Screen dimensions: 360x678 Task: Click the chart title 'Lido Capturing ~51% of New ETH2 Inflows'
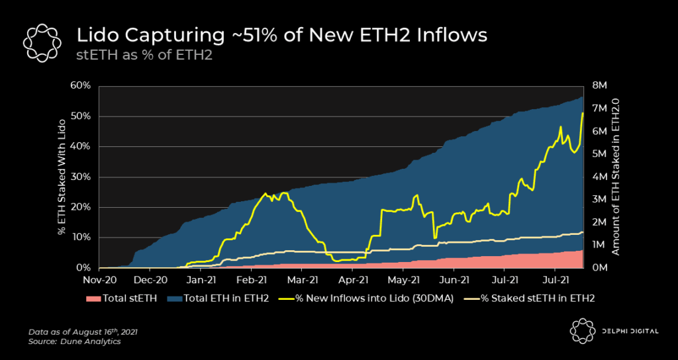pos(282,35)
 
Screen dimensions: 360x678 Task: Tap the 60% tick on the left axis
pos(81,86)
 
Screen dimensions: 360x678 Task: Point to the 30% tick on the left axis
pos(81,177)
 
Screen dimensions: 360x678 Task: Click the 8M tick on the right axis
pos(599,86)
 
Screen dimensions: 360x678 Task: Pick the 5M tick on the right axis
pos(599,154)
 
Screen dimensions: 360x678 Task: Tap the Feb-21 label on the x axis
pos(252,279)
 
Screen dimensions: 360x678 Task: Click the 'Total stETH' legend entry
pos(121,298)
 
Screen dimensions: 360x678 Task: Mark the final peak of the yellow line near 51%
pos(583,113)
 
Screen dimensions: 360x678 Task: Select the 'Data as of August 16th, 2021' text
pos(81,331)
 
